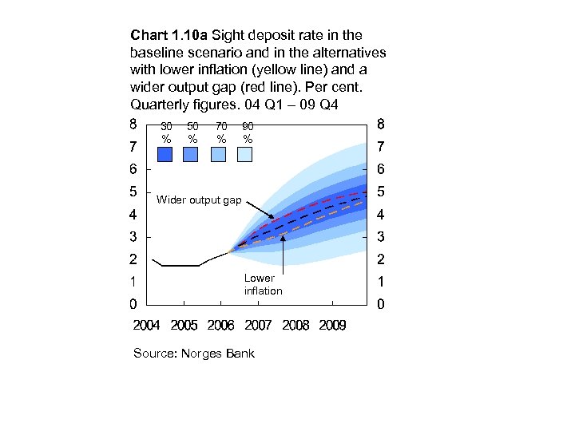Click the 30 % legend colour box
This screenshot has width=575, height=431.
[166, 155]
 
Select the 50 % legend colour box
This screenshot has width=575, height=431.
[192, 155]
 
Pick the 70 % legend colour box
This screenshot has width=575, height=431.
[219, 155]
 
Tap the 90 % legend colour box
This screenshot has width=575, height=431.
[245, 155]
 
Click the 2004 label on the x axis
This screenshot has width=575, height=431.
[146, 326]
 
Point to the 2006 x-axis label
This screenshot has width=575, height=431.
[221, 326]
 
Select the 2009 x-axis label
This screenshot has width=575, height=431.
[331, 326]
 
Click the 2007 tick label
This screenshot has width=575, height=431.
[258, 326]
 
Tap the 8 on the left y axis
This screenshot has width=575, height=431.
[133, 125]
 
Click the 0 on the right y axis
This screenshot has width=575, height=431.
[381, 304]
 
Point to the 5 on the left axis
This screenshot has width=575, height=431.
[133, 192]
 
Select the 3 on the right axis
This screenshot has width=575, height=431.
[381, 237]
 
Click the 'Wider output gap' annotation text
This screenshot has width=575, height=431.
[199, 200]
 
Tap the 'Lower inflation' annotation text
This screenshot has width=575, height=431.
[262, 284]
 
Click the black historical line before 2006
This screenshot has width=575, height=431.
[180, 266]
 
